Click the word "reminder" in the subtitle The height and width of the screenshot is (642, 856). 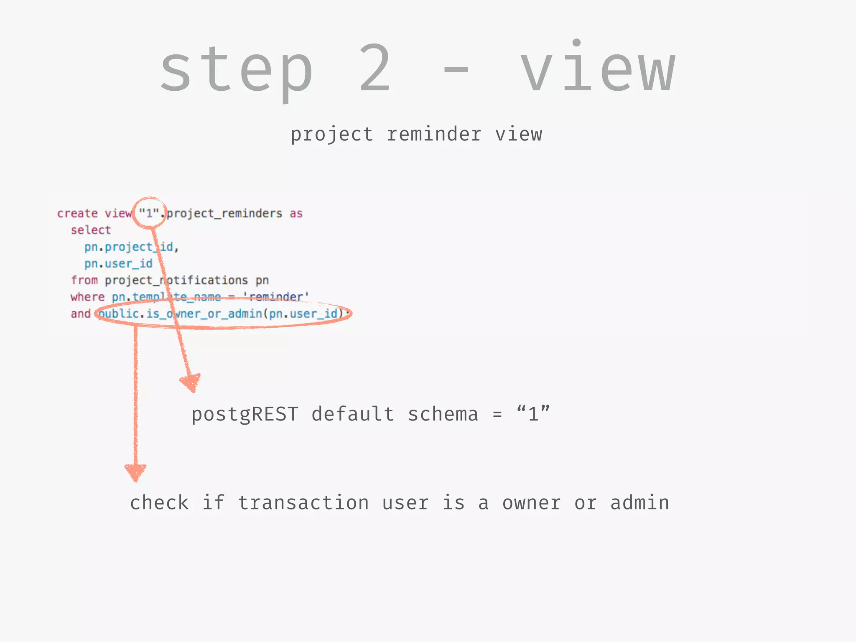(434, 135)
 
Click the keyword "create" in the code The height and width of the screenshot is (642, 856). (77, 214)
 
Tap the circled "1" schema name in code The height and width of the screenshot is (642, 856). (149, 214)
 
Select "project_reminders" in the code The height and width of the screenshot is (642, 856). (224, 214)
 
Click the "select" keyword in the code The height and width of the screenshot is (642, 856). (91, 230)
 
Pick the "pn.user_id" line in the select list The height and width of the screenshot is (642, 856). (118, 264)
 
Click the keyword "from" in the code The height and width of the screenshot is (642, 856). (84, 280)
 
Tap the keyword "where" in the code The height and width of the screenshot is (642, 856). (87, 297)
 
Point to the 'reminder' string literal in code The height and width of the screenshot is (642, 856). (276, 297)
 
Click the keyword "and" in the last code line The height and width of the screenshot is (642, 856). (81, 314)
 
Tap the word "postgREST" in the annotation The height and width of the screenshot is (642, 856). (245, 415)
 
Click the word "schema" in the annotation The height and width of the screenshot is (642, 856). (443, 415)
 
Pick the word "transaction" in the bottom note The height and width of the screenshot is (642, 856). (303, 503)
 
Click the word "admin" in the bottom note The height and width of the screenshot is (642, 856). (639, 503)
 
